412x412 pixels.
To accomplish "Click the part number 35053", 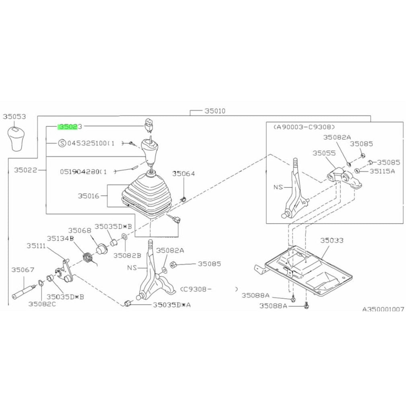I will pyautogui.click(x=14, y=117).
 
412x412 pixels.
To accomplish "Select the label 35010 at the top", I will pyautogui.click(x=214, y=111).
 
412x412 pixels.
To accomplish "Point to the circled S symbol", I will pyautogui.click(x=62, y=143).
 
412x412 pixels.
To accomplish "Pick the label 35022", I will pyautogui.click(x=25, y=170).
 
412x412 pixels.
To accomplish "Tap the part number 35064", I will pyautogui.click(x=183, y=174).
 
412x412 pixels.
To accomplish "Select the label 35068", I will pyautogui.click(x=79, y=231).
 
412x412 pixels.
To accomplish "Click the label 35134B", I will pyautogui.click(x=60, y=239).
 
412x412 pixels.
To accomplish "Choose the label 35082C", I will pyautogui.click(x=42, y=304).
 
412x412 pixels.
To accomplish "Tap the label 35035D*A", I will pyautogui.click(x=172, y=305).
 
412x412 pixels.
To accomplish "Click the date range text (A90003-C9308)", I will pyautogui.click(x=304, y=126).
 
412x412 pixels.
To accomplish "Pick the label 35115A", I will pyautogui.click(x=383, y=171).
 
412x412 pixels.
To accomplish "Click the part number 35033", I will pyautogui.click(x=332, y=241).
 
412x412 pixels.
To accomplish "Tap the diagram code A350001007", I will pyautogui.click(x=383, y=309).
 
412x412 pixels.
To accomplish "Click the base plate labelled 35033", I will pyautogui.click(x=310, y=270).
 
